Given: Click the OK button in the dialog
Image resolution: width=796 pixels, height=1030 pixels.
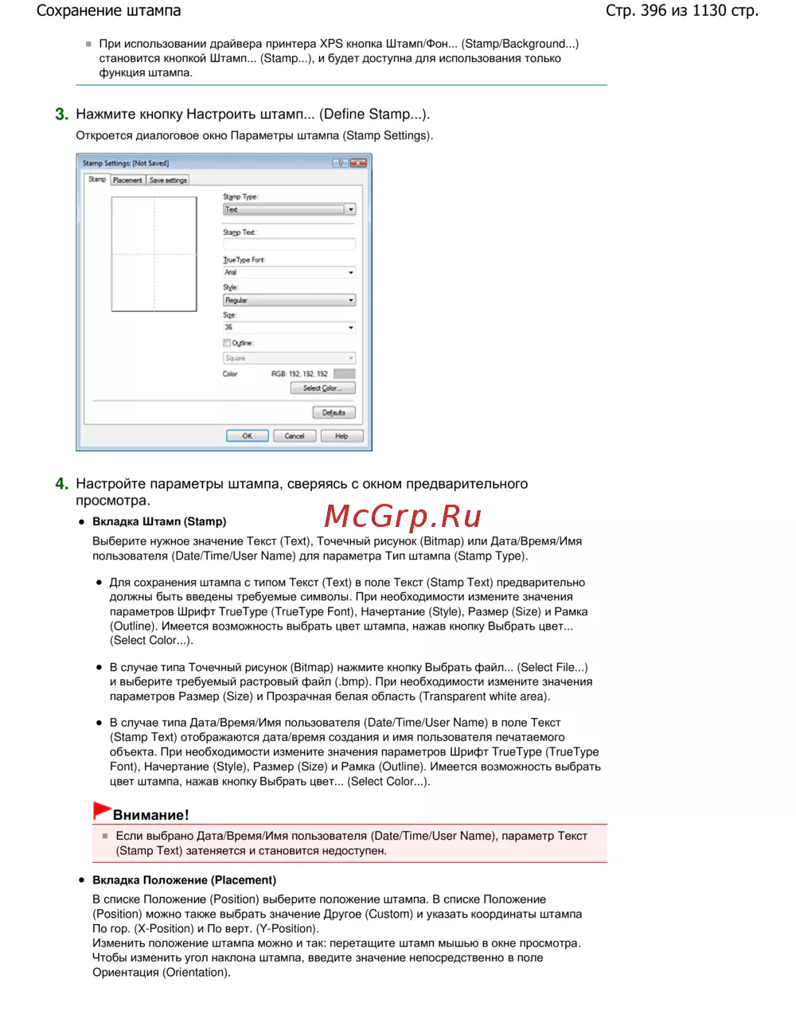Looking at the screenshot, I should (x=247, y=436).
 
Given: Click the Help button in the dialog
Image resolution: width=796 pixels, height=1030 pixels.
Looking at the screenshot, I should (x=341, y=436).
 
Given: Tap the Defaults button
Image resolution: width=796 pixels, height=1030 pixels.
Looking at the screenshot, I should (x=334, y=412).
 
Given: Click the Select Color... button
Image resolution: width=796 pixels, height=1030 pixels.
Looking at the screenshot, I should (x=322, y=388).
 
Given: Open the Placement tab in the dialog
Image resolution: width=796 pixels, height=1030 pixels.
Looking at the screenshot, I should (x=127, y=180).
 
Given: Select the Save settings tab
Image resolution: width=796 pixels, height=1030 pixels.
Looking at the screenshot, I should (x=168, y=180).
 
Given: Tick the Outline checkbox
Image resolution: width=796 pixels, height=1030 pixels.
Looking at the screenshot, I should (x=227, y=343).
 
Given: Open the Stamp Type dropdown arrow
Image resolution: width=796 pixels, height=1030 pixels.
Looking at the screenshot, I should (x=350, y=209).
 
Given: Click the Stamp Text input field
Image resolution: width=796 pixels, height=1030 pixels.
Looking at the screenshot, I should (x=288, y=244).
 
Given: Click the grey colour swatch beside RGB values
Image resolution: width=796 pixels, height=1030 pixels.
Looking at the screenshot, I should (x=344, y=373).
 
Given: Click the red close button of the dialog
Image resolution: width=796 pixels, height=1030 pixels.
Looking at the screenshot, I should (x=358, y=163).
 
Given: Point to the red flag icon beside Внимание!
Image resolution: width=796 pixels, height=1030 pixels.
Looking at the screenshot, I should (x=101, y=810).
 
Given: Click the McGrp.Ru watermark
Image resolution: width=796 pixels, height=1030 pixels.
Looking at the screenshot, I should (x=403, y=517).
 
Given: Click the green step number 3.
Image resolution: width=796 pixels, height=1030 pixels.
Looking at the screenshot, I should (x=61, y=115).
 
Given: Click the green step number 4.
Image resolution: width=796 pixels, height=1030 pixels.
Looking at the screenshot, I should (x=61, y=484).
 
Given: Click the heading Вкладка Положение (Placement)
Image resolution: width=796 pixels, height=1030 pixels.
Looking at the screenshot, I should (x=184, y=880).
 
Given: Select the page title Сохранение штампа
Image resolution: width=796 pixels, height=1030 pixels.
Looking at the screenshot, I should (x=109, y=11).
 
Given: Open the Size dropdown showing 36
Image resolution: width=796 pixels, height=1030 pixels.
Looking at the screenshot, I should (x=351, y=328).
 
